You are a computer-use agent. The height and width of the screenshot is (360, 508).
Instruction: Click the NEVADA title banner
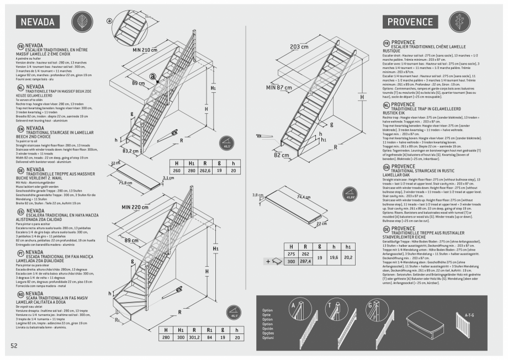tap(38, 22)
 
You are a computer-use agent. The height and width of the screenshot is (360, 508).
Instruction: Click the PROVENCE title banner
tap(409, 22)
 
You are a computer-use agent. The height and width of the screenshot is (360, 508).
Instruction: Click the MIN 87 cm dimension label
tap(279, 88)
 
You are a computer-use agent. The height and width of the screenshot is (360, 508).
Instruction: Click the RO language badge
tap(20, 294)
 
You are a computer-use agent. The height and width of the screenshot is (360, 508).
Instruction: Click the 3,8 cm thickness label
tap(258, 195)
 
